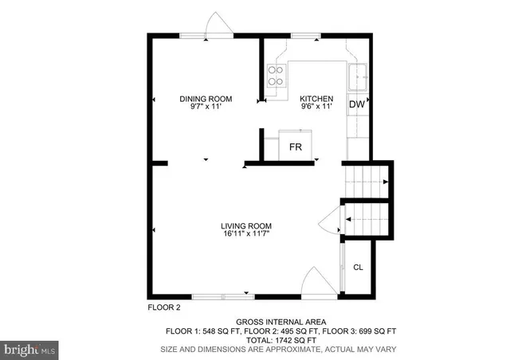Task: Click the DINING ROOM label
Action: pos(206,99)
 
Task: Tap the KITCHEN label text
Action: pos(316,99)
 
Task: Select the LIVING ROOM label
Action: pos(246,225)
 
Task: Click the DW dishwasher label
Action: pos(357,104)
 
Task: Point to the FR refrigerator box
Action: pos(295,147)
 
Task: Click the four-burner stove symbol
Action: pos(275,76)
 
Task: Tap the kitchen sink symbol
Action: pos(358,77)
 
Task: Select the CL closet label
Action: pos(358,267)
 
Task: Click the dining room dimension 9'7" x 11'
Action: pos(206,108)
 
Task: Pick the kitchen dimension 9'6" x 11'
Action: pos(316,108)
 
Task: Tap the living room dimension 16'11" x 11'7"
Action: pos(246,234)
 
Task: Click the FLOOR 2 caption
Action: pos(164,307)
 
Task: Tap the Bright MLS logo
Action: pos(30,348)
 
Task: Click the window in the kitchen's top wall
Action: pos(305,35)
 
